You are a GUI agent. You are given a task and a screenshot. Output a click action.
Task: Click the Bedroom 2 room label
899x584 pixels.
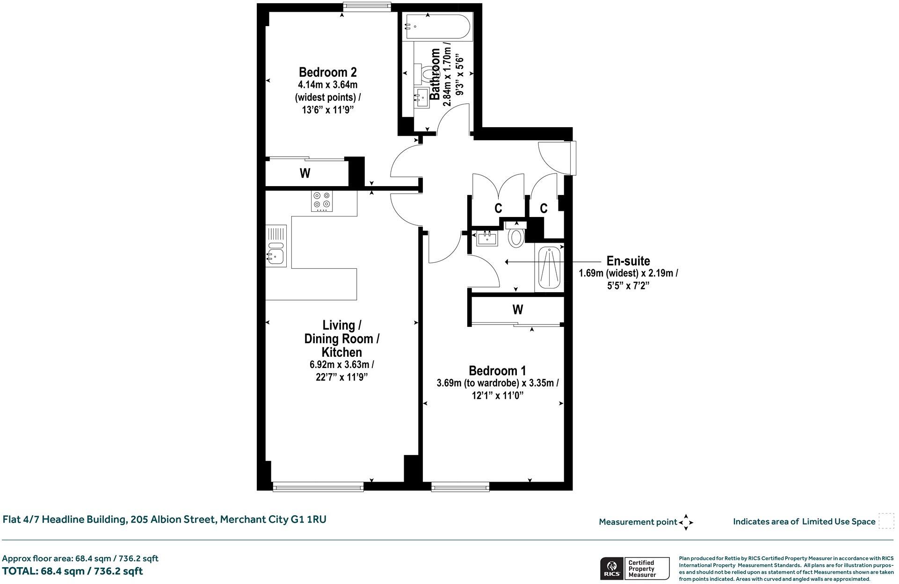point(327,72)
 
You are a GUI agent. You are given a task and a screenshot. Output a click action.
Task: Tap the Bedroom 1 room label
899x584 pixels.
point(497,371)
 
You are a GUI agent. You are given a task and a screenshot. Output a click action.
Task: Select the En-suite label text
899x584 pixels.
point(628,261)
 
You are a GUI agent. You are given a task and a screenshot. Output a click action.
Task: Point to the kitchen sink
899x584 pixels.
point(276,254)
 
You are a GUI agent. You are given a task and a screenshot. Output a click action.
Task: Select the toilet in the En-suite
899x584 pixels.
point(515,236)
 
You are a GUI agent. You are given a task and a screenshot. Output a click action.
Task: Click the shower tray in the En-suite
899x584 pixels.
point(549,268)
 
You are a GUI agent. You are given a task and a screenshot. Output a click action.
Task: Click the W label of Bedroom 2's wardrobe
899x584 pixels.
point(305,173)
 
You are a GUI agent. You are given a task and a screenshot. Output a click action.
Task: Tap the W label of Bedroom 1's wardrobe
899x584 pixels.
point(517,310)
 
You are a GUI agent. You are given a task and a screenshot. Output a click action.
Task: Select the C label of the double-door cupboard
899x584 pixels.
point(499,208)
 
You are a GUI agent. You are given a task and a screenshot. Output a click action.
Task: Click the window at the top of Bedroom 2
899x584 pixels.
point(366,7)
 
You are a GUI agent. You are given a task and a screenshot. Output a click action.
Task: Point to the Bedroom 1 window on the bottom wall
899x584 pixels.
point(460,487)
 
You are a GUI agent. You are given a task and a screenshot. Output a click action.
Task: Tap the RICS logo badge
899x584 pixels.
point(610,569)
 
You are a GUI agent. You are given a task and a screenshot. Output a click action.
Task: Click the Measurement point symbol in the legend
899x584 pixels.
point(686,522)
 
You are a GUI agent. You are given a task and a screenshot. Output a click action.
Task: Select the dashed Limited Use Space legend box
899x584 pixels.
point(886,521)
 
